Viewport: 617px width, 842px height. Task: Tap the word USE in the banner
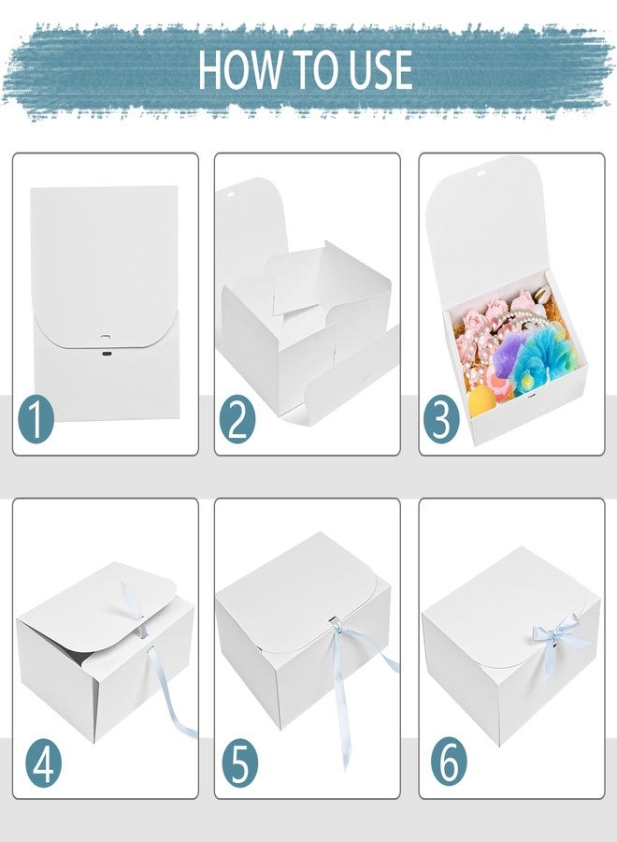coord(380,70)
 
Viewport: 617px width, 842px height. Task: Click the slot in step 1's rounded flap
coord(105,336)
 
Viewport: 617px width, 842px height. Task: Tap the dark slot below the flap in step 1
coord(107,354)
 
